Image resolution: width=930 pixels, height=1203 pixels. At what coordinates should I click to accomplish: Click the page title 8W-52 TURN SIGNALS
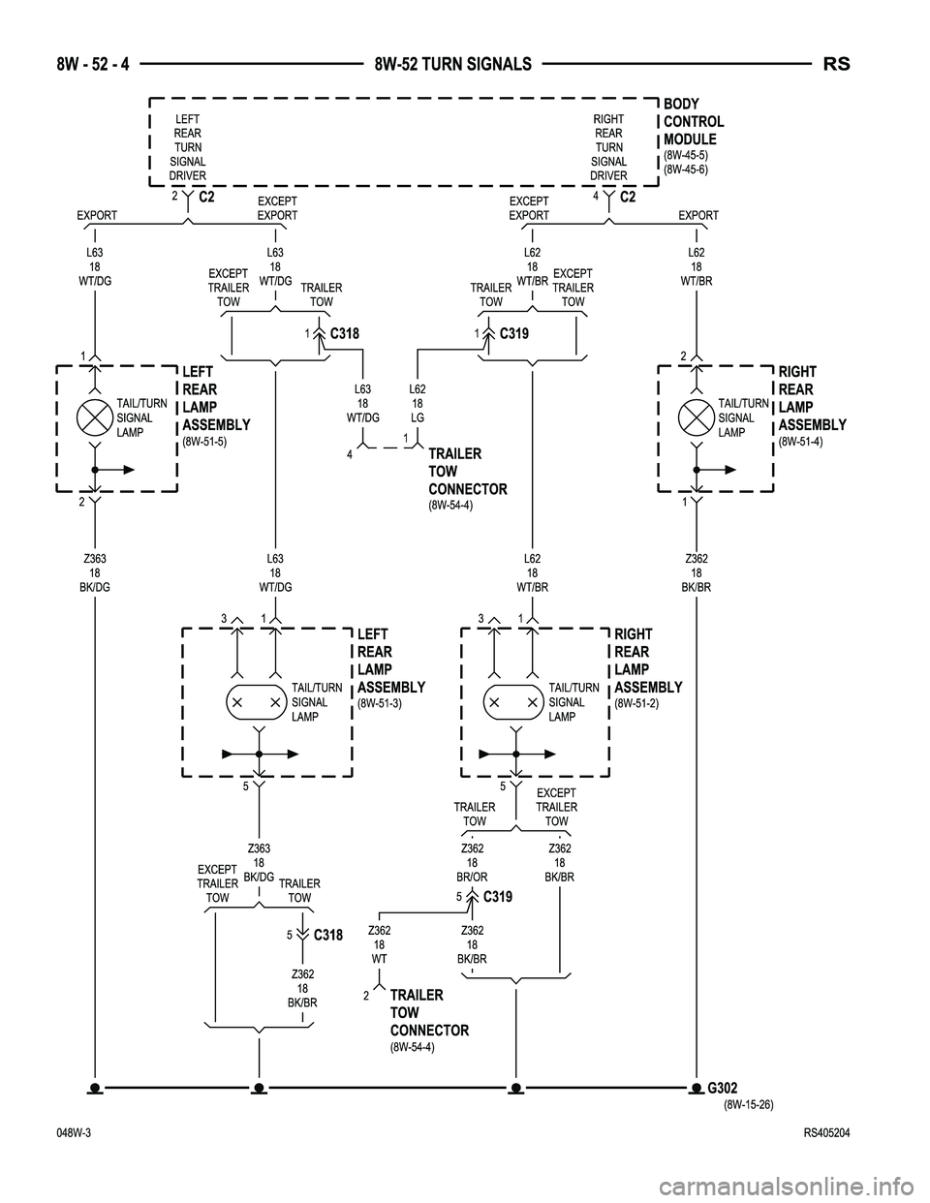tap(452, 64)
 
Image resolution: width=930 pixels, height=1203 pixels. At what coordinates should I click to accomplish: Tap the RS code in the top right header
tap(837, 64)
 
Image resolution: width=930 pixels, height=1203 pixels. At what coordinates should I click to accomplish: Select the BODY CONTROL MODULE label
tap(693, 121)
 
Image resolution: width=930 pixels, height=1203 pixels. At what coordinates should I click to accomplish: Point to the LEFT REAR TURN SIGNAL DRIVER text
tap(187, 147)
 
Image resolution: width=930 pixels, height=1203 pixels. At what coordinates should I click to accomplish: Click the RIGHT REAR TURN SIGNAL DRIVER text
tap(608, 147)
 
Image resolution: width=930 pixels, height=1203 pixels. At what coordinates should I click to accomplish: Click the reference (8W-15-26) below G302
tap(748, 1104)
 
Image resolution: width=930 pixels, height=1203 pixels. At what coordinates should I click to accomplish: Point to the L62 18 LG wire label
tap(417, 403)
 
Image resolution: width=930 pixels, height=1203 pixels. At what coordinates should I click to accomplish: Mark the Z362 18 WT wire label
tap(380, 944)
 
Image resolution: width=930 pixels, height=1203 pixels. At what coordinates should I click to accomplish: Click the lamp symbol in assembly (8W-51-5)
tap(96, 417)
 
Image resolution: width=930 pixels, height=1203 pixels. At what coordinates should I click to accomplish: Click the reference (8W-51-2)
tap(636, 703)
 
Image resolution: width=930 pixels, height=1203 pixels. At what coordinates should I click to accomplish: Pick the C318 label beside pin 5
tap(328, 936)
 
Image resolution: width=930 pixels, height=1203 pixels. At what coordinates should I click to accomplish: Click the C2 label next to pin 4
tap(628, 198)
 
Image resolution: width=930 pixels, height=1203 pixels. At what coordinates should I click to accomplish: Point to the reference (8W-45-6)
tap(686, 169)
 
